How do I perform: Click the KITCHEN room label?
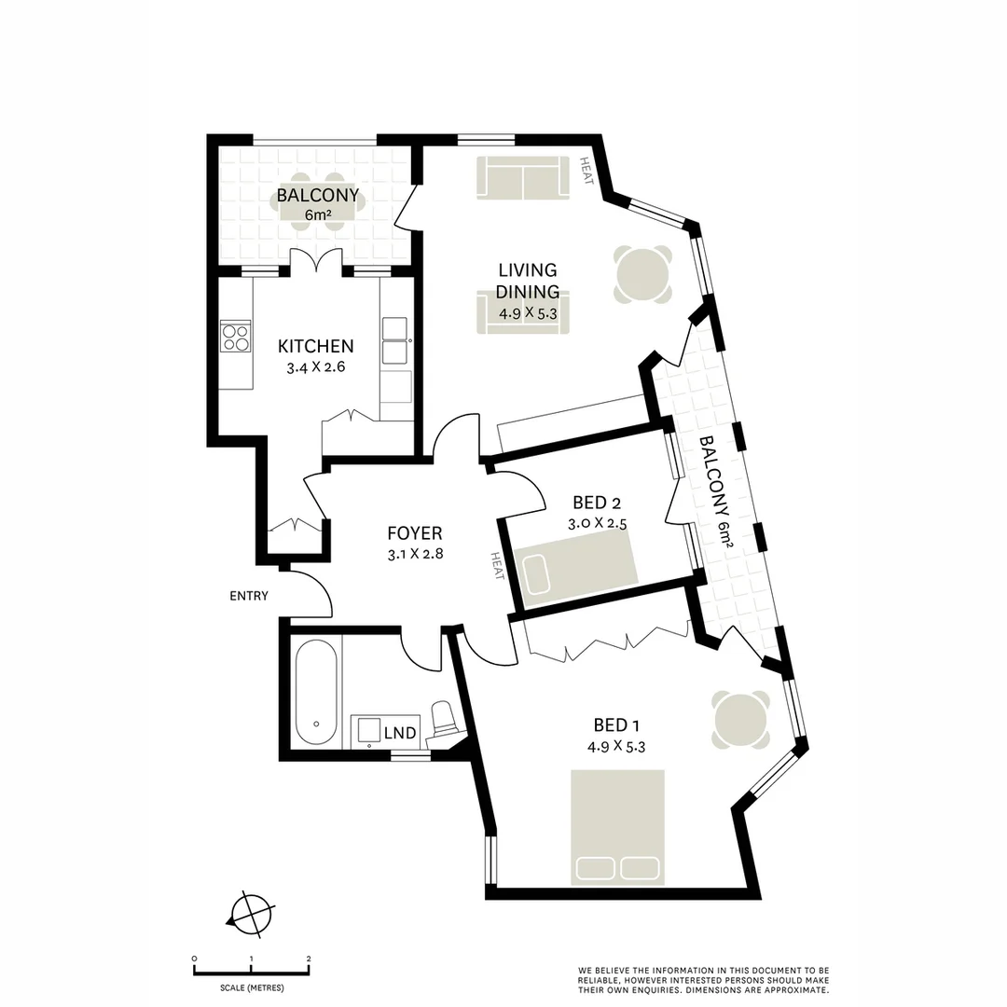[315, 346]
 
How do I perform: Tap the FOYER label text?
[414, 533]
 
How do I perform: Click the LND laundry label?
[400, 733]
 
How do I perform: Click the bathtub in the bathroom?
[317, 691]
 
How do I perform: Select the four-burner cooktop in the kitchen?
[235, 335]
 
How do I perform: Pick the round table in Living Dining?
[642, 273]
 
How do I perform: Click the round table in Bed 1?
[741, 719]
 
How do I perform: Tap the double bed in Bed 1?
[617, 826]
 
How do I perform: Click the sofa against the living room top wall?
[522, 177]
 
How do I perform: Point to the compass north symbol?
[252, 912]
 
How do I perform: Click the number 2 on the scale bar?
[309, 959]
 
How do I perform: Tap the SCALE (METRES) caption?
[252, 987]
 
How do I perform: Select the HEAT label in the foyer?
[496, 565]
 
